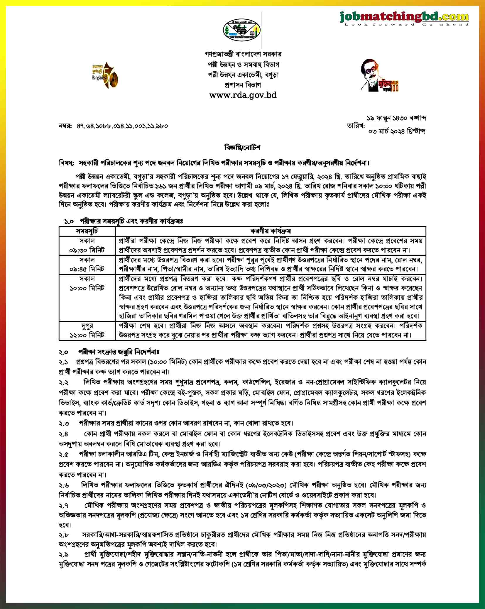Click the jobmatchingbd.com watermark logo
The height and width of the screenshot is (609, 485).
[404, 17]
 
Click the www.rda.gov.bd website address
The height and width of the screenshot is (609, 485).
[243, 95]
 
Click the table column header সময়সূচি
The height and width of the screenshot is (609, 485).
[87, 231]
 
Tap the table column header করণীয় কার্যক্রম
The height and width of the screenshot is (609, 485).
[270, 231]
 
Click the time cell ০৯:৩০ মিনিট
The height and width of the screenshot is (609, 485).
[87, 250]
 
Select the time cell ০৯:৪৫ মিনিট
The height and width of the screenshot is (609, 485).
[87, 269]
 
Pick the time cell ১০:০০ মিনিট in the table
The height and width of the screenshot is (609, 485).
[87, 288]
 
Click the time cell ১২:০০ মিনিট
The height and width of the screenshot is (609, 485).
[87, 335]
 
